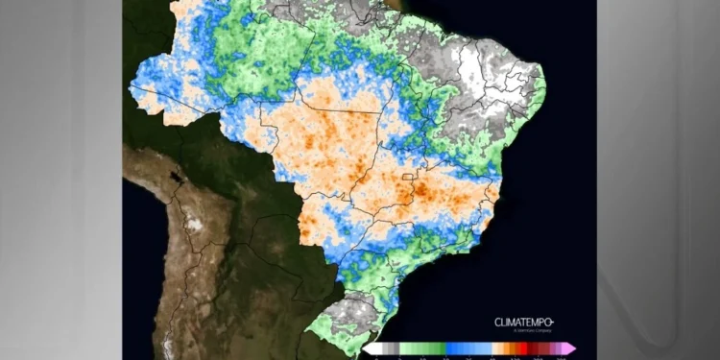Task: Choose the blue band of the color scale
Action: pyautogui.click(x=465, y=348)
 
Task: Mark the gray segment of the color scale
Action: pyautogui.click(x=388, y=348)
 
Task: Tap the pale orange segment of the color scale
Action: pyautogui.click(x=495, y=348)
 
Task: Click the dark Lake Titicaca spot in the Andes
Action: pyautogui.click(x=175, y=178)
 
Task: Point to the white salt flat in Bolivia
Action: pyautogui.click(x=195, y=225)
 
